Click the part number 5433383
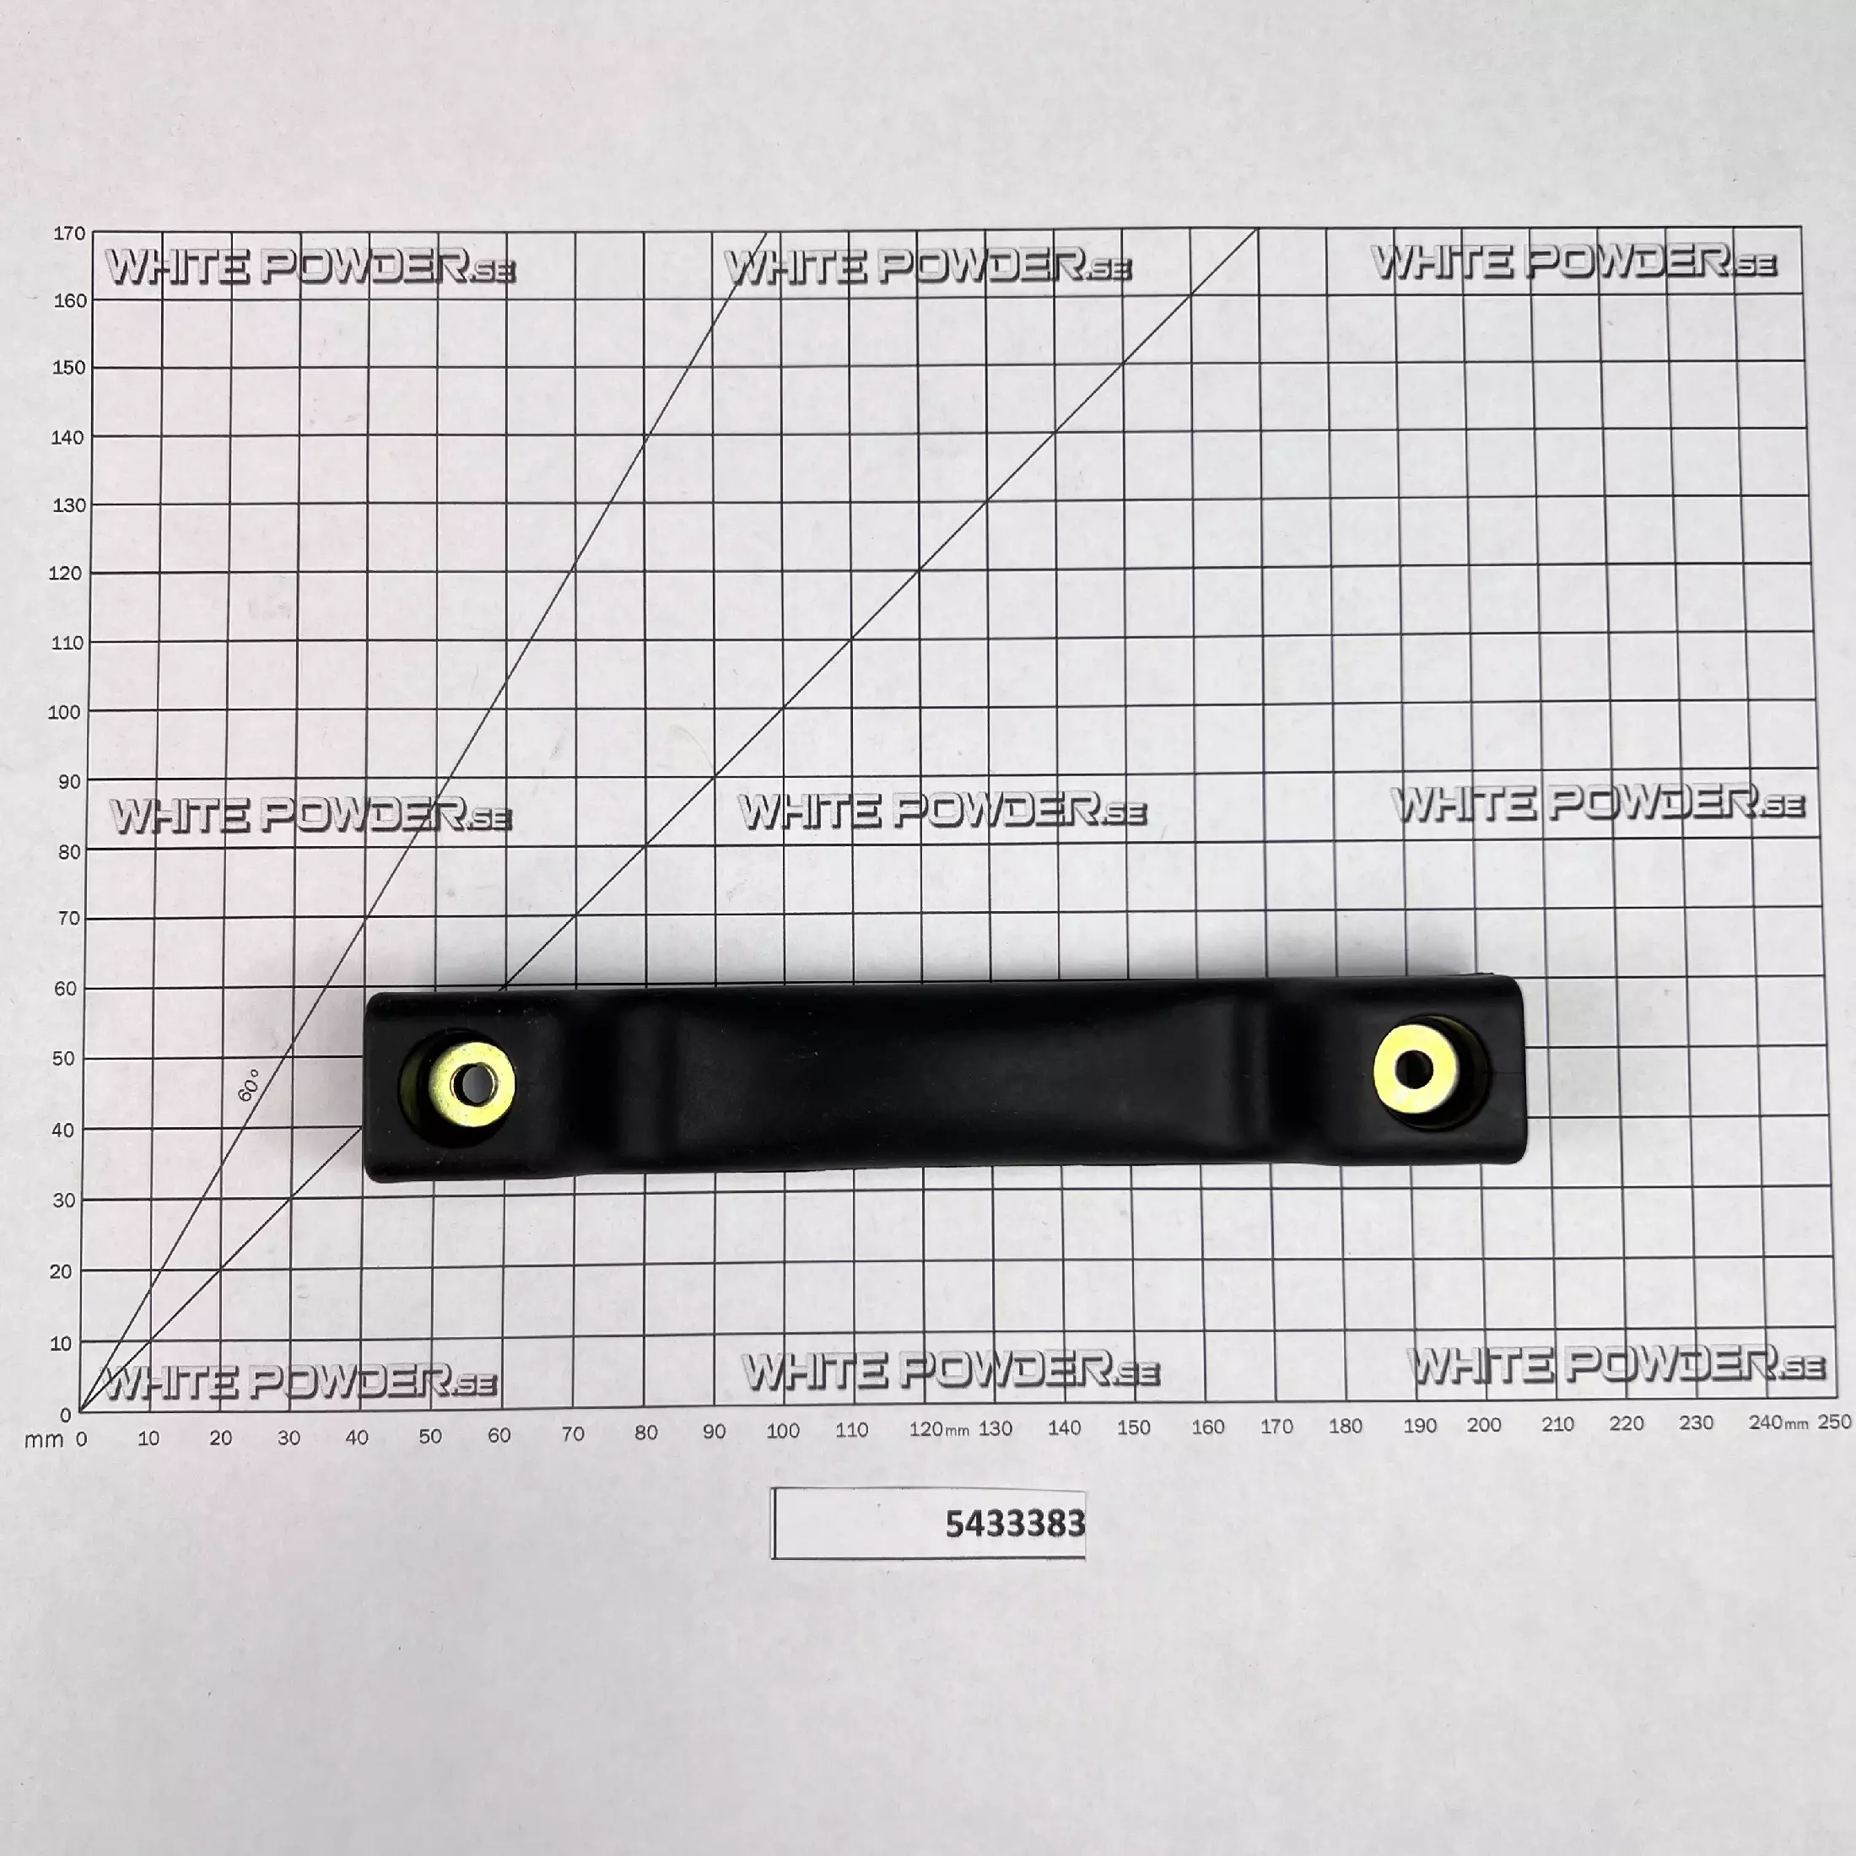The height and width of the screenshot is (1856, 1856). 1016,1524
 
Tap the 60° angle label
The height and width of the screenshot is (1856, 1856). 249,1085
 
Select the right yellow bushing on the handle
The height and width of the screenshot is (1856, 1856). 1416,1068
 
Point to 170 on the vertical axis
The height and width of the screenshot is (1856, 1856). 69,234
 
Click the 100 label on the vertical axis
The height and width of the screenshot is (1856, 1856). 64,712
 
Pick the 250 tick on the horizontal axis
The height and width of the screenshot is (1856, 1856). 1834,1422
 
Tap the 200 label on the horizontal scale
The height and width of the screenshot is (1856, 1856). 1484,1425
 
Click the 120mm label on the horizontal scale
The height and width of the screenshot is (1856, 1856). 939,1429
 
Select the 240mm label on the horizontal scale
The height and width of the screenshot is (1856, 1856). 1778,1422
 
